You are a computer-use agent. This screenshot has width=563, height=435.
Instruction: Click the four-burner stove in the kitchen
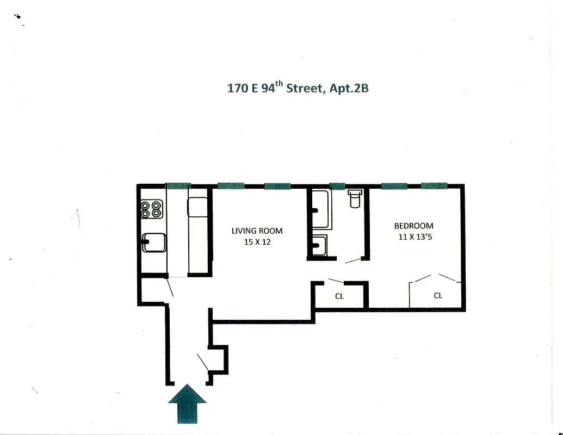coord(152,209)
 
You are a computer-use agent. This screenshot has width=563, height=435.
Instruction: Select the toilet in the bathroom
coord(355,199)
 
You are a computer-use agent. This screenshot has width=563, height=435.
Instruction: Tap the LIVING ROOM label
coord(257,231)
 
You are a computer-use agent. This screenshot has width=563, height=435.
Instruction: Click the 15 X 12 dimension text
coord(257,242)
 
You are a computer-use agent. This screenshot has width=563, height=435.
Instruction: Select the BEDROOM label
coord(413,226)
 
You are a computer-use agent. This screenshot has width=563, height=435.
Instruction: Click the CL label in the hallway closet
coord(339,296)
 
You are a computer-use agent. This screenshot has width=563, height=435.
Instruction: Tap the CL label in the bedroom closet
coord(438,296)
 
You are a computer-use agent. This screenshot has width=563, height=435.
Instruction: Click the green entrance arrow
coord(187,403)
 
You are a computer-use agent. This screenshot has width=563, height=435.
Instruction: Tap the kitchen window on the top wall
coord(178,185)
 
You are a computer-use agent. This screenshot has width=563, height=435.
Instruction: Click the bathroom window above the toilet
coord(337,185)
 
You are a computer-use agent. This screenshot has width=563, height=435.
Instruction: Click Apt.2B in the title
coord(348,88)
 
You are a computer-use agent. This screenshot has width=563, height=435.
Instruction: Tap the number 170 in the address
coord(237,89)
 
